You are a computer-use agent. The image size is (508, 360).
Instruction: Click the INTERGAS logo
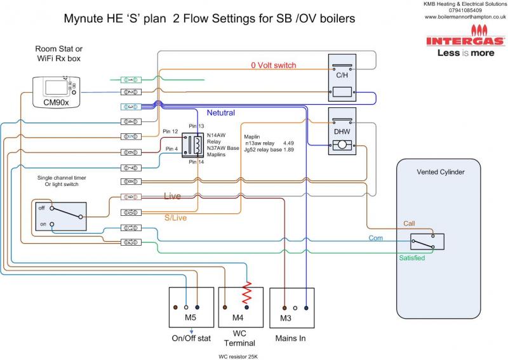coord(466,41)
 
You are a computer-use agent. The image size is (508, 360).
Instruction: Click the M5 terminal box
coord(190,307)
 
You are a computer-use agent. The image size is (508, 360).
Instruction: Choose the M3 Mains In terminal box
coord(292,307)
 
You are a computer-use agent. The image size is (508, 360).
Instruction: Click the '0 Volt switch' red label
coord(274,65)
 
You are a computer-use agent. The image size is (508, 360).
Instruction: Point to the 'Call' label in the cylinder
coord(410,223)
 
